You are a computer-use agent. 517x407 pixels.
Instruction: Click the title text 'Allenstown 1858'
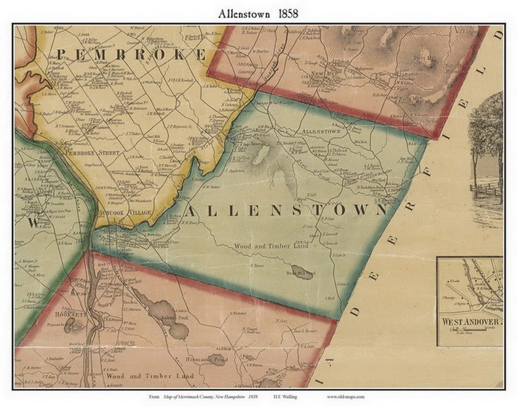pyautogui.click(x=258, y=12)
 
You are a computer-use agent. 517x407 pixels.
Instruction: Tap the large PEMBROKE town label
pyautogui.click(x=130, y=54)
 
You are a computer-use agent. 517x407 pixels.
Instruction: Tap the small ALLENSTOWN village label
pyautogui.click(x=322, y=131)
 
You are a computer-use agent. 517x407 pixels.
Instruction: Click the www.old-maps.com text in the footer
pyautogui.click(x=345, y=397)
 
